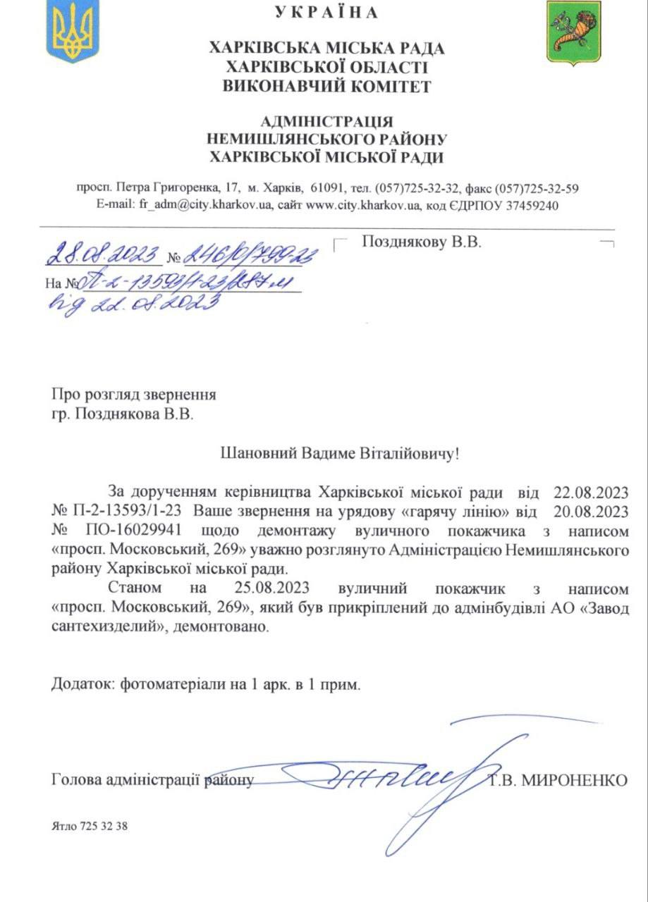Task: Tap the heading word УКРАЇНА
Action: click(x=326, y=13)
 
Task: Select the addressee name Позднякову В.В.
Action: click(x=421, y=242)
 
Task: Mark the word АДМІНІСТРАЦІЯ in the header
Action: click(x=326, y=122)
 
